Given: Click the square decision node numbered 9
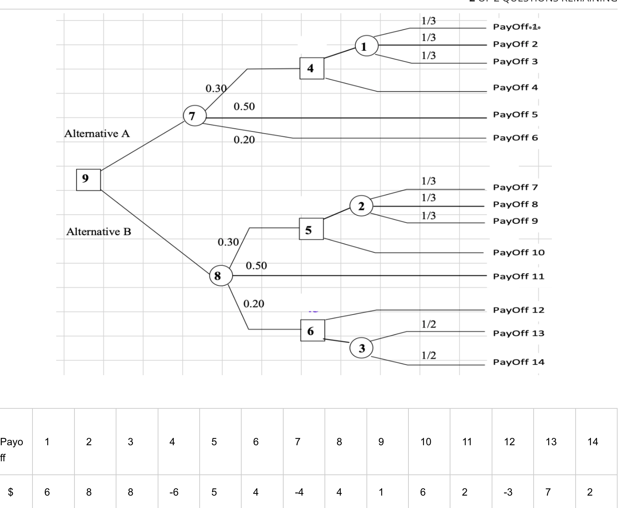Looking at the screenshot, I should (88, 180).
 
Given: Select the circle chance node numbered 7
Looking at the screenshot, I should (195, 116).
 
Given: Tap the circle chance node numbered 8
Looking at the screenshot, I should (221, 276).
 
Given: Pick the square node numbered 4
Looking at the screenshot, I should (312, 68).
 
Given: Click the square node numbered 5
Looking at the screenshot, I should (311, 229).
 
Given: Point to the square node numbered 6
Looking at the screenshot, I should (312, 330).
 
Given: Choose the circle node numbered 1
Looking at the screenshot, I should (366, 46).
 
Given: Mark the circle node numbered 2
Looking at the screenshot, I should (361, 206).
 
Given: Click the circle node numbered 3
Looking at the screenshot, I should (361, 348).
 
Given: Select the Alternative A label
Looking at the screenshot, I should (97, 134).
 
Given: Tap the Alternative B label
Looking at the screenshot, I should (99, 232).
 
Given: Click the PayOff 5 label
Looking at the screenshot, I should (515, 115).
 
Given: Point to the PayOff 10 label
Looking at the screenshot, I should (519, 253).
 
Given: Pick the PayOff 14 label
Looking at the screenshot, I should (519, 362).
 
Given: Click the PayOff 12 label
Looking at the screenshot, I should (519, 310).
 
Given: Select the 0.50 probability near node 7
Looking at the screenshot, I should (244, 107).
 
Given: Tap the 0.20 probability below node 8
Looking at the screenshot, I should (254, 304).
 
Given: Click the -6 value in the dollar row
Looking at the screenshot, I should (174, 492).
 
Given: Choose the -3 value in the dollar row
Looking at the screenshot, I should (508, 492).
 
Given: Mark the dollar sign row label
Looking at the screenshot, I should (11, 492).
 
